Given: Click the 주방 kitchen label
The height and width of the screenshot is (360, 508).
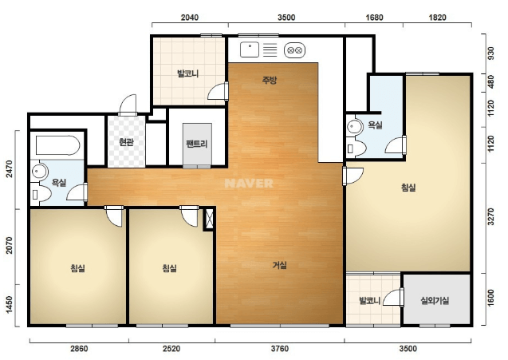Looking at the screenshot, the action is tap(270, 80).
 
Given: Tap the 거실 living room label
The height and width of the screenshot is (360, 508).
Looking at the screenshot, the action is tap(280, 265).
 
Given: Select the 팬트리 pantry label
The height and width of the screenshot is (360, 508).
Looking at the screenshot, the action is tap(197, 144).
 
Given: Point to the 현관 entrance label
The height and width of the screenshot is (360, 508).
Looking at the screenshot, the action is tap(126, 142).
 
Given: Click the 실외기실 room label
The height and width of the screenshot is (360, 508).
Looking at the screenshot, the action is tap(435, 301).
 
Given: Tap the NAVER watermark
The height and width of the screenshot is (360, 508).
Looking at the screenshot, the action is tap(249, 184).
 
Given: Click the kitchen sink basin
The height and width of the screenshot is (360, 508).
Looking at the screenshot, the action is tap(250, 49).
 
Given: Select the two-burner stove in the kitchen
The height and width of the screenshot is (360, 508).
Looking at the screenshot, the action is tap(295, 50).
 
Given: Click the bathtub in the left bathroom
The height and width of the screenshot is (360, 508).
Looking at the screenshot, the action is tap(57, 145).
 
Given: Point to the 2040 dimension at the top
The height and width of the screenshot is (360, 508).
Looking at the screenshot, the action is tap(190, 18).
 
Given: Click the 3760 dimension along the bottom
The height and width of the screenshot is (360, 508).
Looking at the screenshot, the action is tap(280, 349).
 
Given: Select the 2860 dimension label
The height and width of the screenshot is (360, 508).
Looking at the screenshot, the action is tap(79, 349).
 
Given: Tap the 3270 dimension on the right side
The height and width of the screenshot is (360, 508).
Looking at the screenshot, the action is tap(490, 216).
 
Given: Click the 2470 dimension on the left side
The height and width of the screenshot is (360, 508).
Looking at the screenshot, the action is tap(9, 169).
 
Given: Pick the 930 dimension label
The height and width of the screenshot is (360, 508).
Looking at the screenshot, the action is tap(490, 53).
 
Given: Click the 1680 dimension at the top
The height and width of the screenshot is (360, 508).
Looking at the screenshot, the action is tap(374, 18).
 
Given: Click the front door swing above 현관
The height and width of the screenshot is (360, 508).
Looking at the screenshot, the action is tap(128, 105).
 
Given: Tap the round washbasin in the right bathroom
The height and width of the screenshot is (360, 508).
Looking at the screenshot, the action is tap(355, 127).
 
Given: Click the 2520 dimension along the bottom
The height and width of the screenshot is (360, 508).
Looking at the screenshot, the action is tap(171, 349).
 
